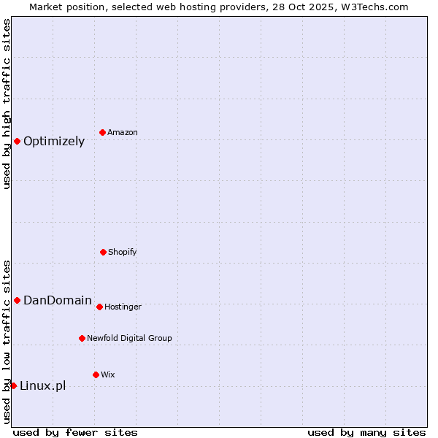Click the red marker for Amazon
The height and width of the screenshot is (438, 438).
[x=103, y=132]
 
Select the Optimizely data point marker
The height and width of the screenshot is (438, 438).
[x=17, y=141]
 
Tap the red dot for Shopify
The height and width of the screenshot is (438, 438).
[x=103, y=252]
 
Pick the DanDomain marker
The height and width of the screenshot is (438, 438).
[x=17, y=300]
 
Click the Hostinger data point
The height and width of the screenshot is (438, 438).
[x=99, y=307]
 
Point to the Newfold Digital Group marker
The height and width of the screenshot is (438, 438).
[x=82, y=338]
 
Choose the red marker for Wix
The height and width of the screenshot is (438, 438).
[x=96, y=374]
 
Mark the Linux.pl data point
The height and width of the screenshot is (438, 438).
[x=13, y=385]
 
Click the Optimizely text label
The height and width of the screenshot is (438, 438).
[x=54, y=142]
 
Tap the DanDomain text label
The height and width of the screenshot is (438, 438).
[x=58, y=301]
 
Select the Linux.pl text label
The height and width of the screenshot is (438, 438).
[x=42, y=386]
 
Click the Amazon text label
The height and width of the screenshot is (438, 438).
[x=123, y=133]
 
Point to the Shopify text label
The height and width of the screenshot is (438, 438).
[x=123, y=253]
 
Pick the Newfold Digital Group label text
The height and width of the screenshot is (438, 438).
[x=129, y=339]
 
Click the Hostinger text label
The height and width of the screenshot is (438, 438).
[x=123, y=307]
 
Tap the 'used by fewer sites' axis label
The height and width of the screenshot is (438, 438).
[x=75, y=432]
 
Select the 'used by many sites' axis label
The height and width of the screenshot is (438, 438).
[x=366, y=432]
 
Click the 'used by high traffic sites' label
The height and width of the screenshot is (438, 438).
[x=7, y=104]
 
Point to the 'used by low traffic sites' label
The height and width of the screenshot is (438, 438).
[x=7, y=342]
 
